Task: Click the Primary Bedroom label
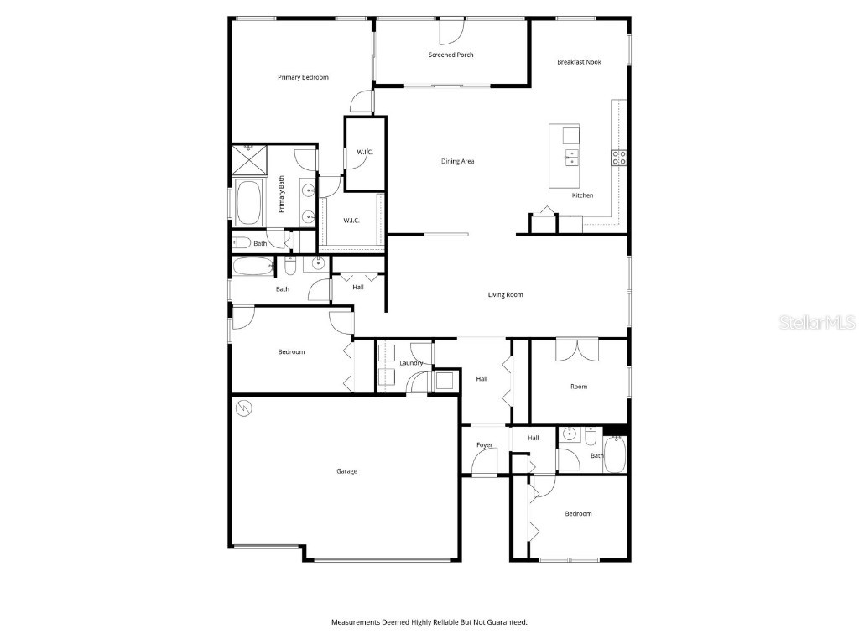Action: [303, 77]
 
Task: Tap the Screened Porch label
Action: [450, 55]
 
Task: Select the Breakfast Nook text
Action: [579, 62]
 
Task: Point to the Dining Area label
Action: [458, 161]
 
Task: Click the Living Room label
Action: [506, 295]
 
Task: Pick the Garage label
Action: [346, 471]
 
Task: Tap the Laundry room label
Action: [411, 363]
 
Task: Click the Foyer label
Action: [485, 445]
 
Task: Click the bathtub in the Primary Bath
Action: [247, 203]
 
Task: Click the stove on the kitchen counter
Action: [619, 156]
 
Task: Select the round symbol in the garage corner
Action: [245, 408]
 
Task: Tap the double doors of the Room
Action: [576, 349]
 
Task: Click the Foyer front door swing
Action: [484, 462]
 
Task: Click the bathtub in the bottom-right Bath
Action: [615, 454]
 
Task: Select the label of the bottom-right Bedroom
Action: [577, 514]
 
